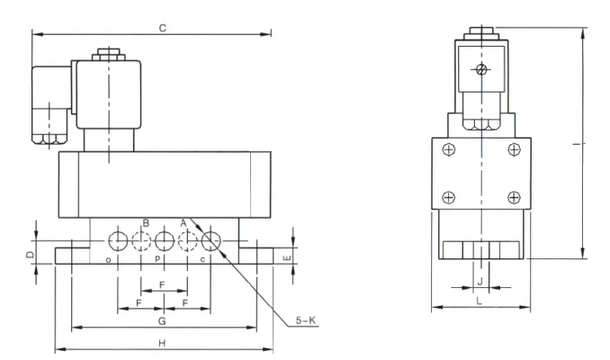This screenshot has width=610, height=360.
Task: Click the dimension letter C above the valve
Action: coord(163,28)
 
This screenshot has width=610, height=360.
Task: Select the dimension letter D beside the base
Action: coord(30,255)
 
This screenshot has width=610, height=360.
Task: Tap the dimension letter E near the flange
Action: coord(287,258)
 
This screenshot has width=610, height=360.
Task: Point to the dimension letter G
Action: coord(162,321)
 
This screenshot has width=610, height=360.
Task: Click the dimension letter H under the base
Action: coord(162,343)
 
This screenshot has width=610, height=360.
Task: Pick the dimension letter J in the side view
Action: coord(480,281)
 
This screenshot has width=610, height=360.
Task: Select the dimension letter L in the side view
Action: coord(480,301)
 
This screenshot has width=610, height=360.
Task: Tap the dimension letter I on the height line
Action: coord(579,144)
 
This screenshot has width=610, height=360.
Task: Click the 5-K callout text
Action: coord(306,320)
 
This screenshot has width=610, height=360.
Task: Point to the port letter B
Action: coord(146,223)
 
